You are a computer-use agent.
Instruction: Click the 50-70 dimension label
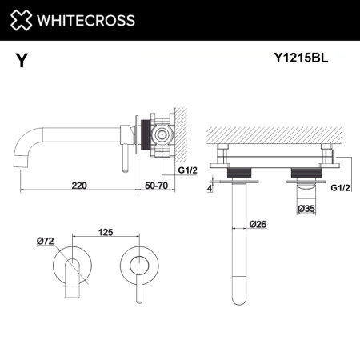tap(157, 185)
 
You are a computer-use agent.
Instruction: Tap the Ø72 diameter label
tap(45, 239)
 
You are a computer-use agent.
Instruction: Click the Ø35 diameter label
tap(306, 209)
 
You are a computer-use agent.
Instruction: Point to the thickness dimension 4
tap(210, 189)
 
